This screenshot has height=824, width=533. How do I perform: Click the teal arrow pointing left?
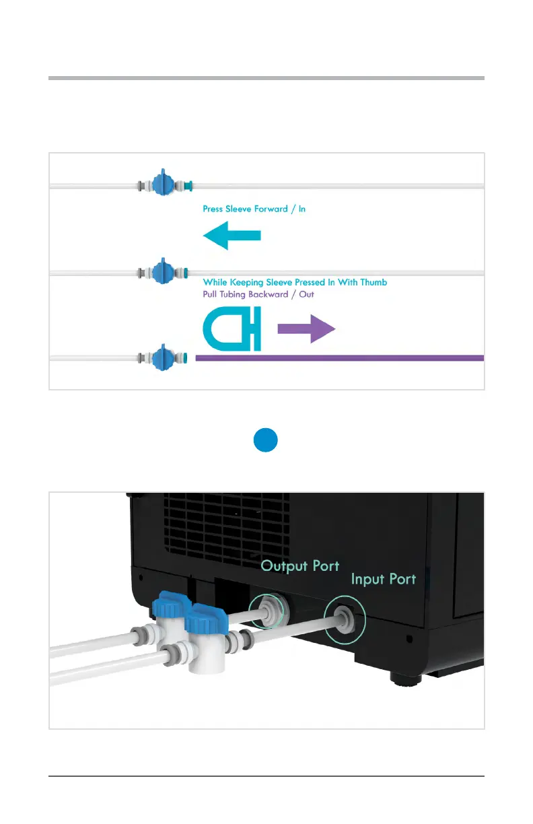[x=231, y=236]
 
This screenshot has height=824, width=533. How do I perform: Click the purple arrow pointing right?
[x=306, y=330]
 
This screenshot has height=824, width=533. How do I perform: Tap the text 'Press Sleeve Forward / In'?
[x=254, y=209]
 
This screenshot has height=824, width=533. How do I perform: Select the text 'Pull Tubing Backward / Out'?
[x=258, y=294]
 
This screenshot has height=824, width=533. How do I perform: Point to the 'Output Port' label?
[x=300, y=565]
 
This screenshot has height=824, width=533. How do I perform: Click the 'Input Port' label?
[x=383, y=579]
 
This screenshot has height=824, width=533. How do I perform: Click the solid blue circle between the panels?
[x=266, y=441]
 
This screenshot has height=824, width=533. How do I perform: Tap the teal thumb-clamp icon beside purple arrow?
[x=232, y=330]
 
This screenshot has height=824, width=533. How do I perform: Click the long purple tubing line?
[x=339, y=358]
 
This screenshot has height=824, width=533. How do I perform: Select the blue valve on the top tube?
[x=160, y=184]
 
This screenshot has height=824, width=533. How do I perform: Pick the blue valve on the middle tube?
[x=160, y=272]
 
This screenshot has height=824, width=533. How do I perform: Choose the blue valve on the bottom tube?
[x=160, y=357]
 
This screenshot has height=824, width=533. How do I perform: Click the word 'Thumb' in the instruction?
[x=374, y=282]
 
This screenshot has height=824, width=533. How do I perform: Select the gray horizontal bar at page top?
[x=266, y=79]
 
